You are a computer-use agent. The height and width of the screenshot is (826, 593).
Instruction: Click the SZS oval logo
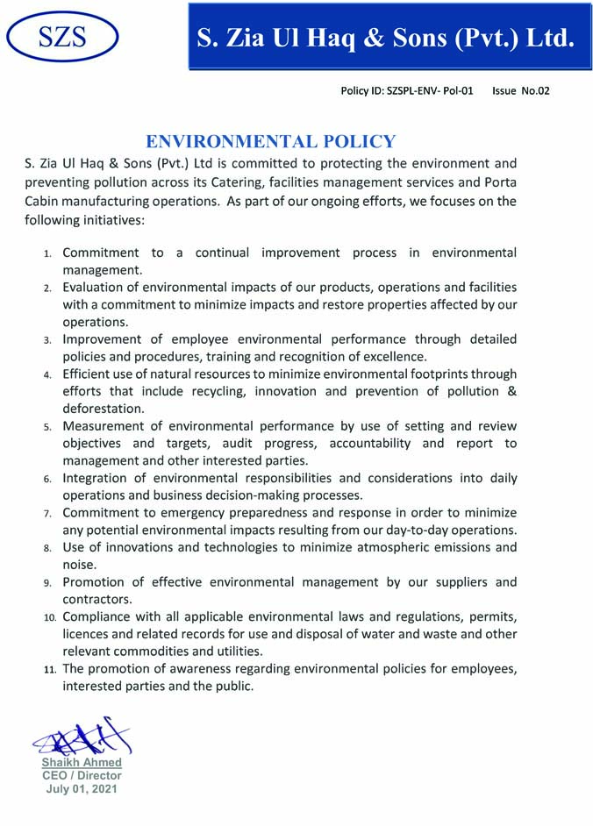(x=62, y=36)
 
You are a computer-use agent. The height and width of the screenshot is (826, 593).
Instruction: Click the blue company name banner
(x=389, y=37)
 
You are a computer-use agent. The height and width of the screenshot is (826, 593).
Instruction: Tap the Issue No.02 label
(x=521, y=90)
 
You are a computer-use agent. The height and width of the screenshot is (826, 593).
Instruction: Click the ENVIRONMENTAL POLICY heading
(x=271, y=141)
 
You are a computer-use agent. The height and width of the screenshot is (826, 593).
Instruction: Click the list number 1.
(x=48, y=253)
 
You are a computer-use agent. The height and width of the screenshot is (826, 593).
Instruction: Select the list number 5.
(x=48, y=427)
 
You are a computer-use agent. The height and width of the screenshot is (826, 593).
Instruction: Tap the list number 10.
(x=50, y=618)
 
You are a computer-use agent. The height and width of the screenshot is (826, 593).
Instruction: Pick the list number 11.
(x=50, y=670)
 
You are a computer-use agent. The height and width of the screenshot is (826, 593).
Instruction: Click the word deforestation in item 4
(x=103, y=409)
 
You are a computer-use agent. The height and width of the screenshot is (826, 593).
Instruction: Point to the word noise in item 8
(x=79, y=565)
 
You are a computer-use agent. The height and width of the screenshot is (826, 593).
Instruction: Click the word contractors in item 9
(x=96, y=600)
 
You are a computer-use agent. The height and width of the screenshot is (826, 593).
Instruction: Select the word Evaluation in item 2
(x=96, y=288)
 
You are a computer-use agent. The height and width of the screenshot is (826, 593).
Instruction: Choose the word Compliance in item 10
(x=101, y=617)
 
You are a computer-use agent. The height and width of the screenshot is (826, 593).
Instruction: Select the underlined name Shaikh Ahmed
(x=82, y=763)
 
